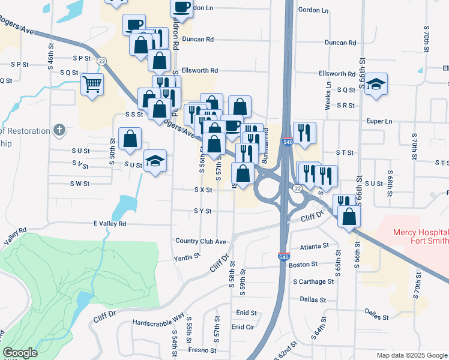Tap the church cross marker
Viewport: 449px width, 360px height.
[59, 129]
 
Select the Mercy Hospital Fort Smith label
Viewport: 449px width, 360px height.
[420, 236]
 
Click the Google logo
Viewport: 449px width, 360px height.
[20, 353]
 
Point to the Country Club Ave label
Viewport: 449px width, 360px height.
[200, 241]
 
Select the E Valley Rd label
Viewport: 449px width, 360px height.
[109, 223]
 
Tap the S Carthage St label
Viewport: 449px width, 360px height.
[313, 281]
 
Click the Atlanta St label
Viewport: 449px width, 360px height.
[315, 245]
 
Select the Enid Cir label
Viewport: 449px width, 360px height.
[243, 327]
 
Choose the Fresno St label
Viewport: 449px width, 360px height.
[201, 350]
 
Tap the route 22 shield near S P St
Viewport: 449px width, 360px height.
[102, 61]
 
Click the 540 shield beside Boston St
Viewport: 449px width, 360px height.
[282, 256]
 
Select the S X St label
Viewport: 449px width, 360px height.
[203, 190]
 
